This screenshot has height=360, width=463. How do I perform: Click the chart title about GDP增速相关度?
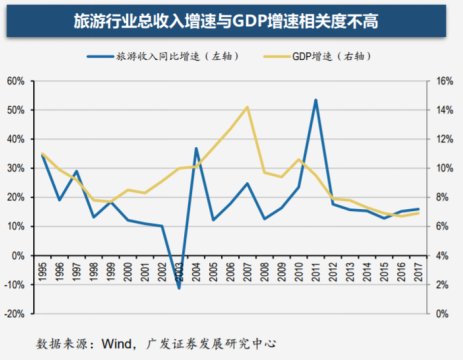click(x=231, y=20)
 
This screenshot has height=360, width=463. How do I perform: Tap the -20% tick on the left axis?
click(x=15, y=313)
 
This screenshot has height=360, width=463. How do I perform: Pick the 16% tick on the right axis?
click(x=444, y=81)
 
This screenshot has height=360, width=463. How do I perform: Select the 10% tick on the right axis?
click(x=444, y=168)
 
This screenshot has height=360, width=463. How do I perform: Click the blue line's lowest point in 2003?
click(x=179, y=288)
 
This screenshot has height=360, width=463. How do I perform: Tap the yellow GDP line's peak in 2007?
click(x=247, y=107)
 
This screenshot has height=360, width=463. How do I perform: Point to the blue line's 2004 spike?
click(x=196, y=148)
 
